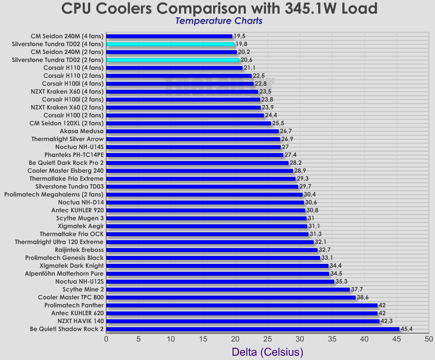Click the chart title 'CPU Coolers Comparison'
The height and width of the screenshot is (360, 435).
pos(219,9)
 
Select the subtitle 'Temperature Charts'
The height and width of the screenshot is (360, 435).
pos(219,21)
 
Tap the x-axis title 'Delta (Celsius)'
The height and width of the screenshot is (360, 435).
pos(267,352)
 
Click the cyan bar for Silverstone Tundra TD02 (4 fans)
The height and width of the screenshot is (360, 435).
pos(170,44)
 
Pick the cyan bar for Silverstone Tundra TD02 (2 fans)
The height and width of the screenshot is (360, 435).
pos(173,60)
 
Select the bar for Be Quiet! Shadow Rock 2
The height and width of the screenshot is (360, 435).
pos(253,329)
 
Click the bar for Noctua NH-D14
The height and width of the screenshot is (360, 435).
pos(205,202)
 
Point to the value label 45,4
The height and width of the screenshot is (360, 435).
pos(406,329)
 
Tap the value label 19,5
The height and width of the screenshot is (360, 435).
pos(239,36)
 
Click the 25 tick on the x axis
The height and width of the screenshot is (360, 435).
pos(268,339)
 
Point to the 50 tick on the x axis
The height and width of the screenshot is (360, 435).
pos(429,339)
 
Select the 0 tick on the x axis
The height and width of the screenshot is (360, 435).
pos(106,339)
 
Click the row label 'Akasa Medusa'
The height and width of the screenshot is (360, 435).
pos(82,131)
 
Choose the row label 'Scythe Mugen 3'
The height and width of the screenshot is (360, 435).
pos(80,218)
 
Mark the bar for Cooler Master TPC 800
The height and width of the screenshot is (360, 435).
pos(231,297)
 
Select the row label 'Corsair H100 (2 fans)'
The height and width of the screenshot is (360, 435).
pos(74,115)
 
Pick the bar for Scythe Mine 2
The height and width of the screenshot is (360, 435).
pos(228,290)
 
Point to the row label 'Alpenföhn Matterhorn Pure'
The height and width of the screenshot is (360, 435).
pos(64,273)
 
